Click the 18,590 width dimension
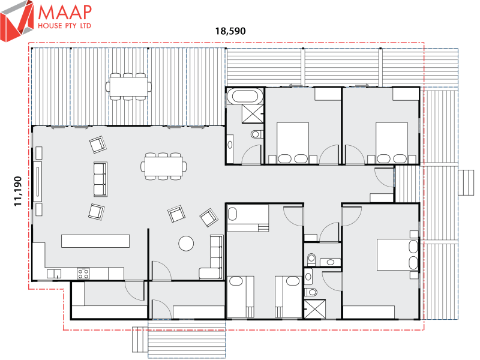coord(230,31)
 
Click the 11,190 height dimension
coord(18,191)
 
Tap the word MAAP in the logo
coord(65,13)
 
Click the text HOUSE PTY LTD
coord(64,26)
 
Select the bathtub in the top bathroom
coord(244,97)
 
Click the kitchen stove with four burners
coord(83,274)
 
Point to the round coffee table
coord(186,244)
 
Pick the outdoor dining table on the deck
coord(128,86)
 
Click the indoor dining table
coord(163,166)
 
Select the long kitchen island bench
coord(95,241)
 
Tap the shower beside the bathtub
coord(253,114)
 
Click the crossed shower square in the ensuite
coord(314,309)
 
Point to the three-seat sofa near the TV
coord(100,179)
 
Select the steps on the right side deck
coord(466,183)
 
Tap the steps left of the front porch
coord(140,339)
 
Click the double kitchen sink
coord(54,274)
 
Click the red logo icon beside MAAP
coord(17,20)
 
